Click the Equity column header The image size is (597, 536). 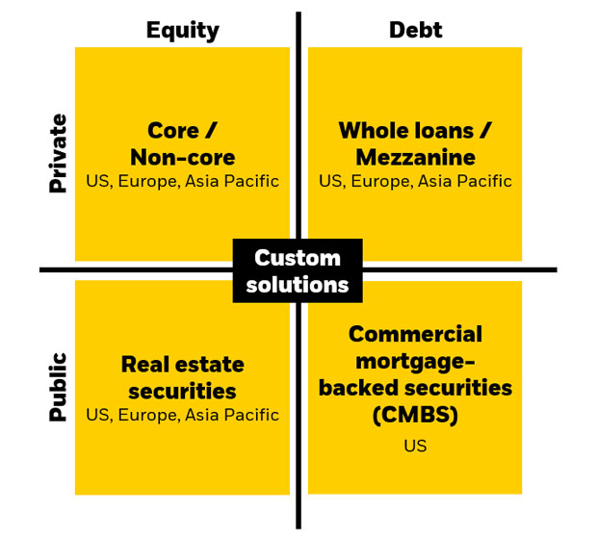182,30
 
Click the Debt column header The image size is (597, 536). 415,30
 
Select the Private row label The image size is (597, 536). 59,153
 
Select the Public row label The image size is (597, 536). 59,387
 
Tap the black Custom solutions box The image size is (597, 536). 298,271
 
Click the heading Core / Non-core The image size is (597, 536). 182,143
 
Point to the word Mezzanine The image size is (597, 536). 415,157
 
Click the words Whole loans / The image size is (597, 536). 415,130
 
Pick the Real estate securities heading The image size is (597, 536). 182,378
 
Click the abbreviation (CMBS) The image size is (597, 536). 415,415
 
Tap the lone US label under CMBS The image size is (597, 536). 415,447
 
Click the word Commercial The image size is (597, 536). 415,334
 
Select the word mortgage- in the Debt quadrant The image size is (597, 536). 415,361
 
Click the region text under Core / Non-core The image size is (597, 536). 182,181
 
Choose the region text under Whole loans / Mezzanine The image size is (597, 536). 415,181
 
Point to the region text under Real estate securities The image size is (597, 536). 182,416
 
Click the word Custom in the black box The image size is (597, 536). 298,258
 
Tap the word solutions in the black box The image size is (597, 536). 298,285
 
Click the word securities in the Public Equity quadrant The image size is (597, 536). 182,392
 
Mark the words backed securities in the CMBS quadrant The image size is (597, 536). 415,388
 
